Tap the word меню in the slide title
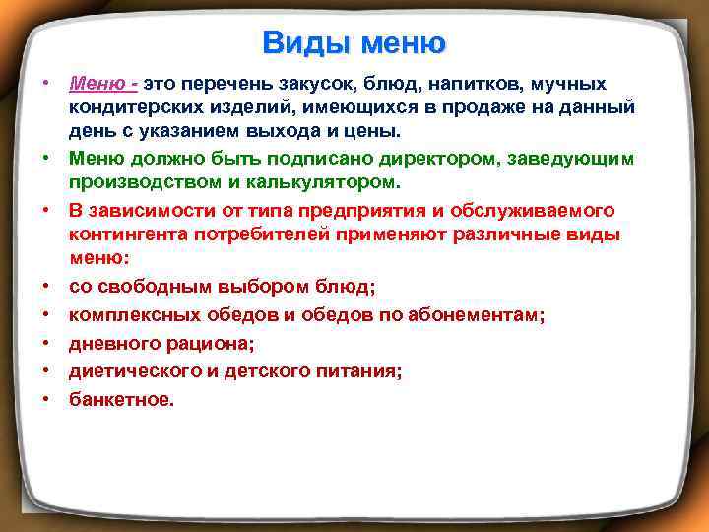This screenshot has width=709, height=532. point(404,43)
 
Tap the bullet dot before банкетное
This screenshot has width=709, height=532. point(46,399)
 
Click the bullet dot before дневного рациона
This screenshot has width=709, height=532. point(46,343)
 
